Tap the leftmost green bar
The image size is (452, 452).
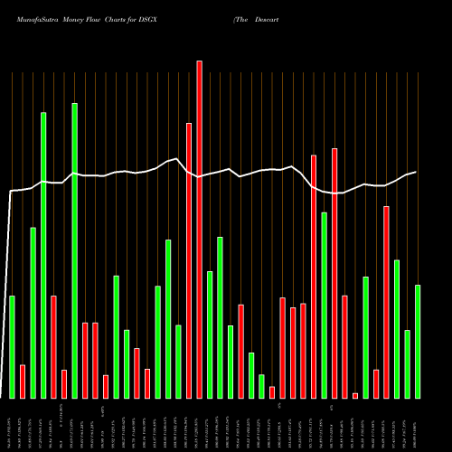tap(12, 347)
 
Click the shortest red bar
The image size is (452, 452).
tap(355, 395)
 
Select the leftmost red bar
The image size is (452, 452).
tap(23, 381)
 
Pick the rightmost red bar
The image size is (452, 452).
tap(387, 302)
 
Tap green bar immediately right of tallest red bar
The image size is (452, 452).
tap(210, 334)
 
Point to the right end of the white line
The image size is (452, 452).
tap(416, 172)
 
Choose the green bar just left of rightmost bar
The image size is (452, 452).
tap(407, 364)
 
